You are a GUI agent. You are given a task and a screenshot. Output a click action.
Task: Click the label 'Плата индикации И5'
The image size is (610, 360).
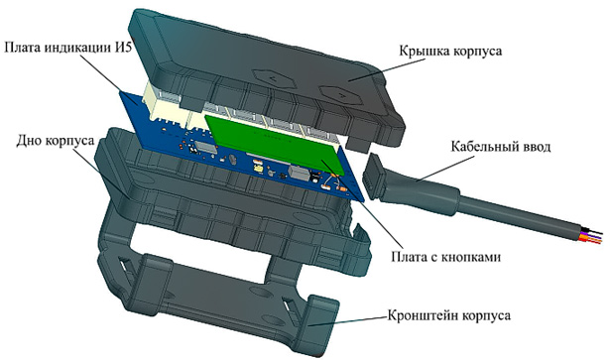[79, 48]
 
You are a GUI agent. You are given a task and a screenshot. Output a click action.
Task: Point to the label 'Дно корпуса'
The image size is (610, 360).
[49, 141]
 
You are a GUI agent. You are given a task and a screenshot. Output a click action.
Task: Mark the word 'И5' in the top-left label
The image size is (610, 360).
[148, 48]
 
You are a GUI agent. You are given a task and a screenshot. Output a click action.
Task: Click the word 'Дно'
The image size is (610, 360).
[19, 141]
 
